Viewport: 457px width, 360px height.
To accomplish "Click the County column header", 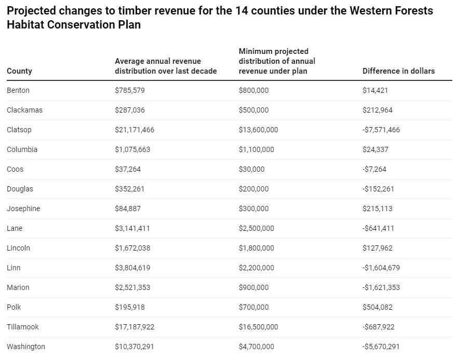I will (19, 71).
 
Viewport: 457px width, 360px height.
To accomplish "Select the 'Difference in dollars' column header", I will (398, 71).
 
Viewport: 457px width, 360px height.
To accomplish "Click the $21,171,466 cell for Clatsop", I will (134, 130).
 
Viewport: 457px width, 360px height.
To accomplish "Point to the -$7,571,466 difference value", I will (381, 130).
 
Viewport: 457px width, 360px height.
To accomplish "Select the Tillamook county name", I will (23, 327).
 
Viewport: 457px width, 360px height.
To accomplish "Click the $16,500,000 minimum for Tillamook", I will (258, 327).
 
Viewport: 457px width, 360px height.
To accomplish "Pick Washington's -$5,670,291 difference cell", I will (381, 347).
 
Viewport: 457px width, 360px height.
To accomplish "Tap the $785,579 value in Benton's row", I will (130, 90).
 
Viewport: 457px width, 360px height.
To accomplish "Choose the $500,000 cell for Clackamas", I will (254, 110).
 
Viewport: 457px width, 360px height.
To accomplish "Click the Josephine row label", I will (23, 209).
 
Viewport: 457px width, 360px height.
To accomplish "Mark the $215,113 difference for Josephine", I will (378, 209).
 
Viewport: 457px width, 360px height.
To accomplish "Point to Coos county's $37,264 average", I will (128, 169).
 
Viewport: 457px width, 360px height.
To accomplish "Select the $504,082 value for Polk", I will (378, 307).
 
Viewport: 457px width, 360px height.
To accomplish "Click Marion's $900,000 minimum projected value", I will (254, 287).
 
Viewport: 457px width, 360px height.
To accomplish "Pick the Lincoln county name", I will (18, 248).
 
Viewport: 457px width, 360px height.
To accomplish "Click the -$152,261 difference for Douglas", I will (378, 189).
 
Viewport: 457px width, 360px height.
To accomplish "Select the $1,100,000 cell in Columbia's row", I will (256, 149).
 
